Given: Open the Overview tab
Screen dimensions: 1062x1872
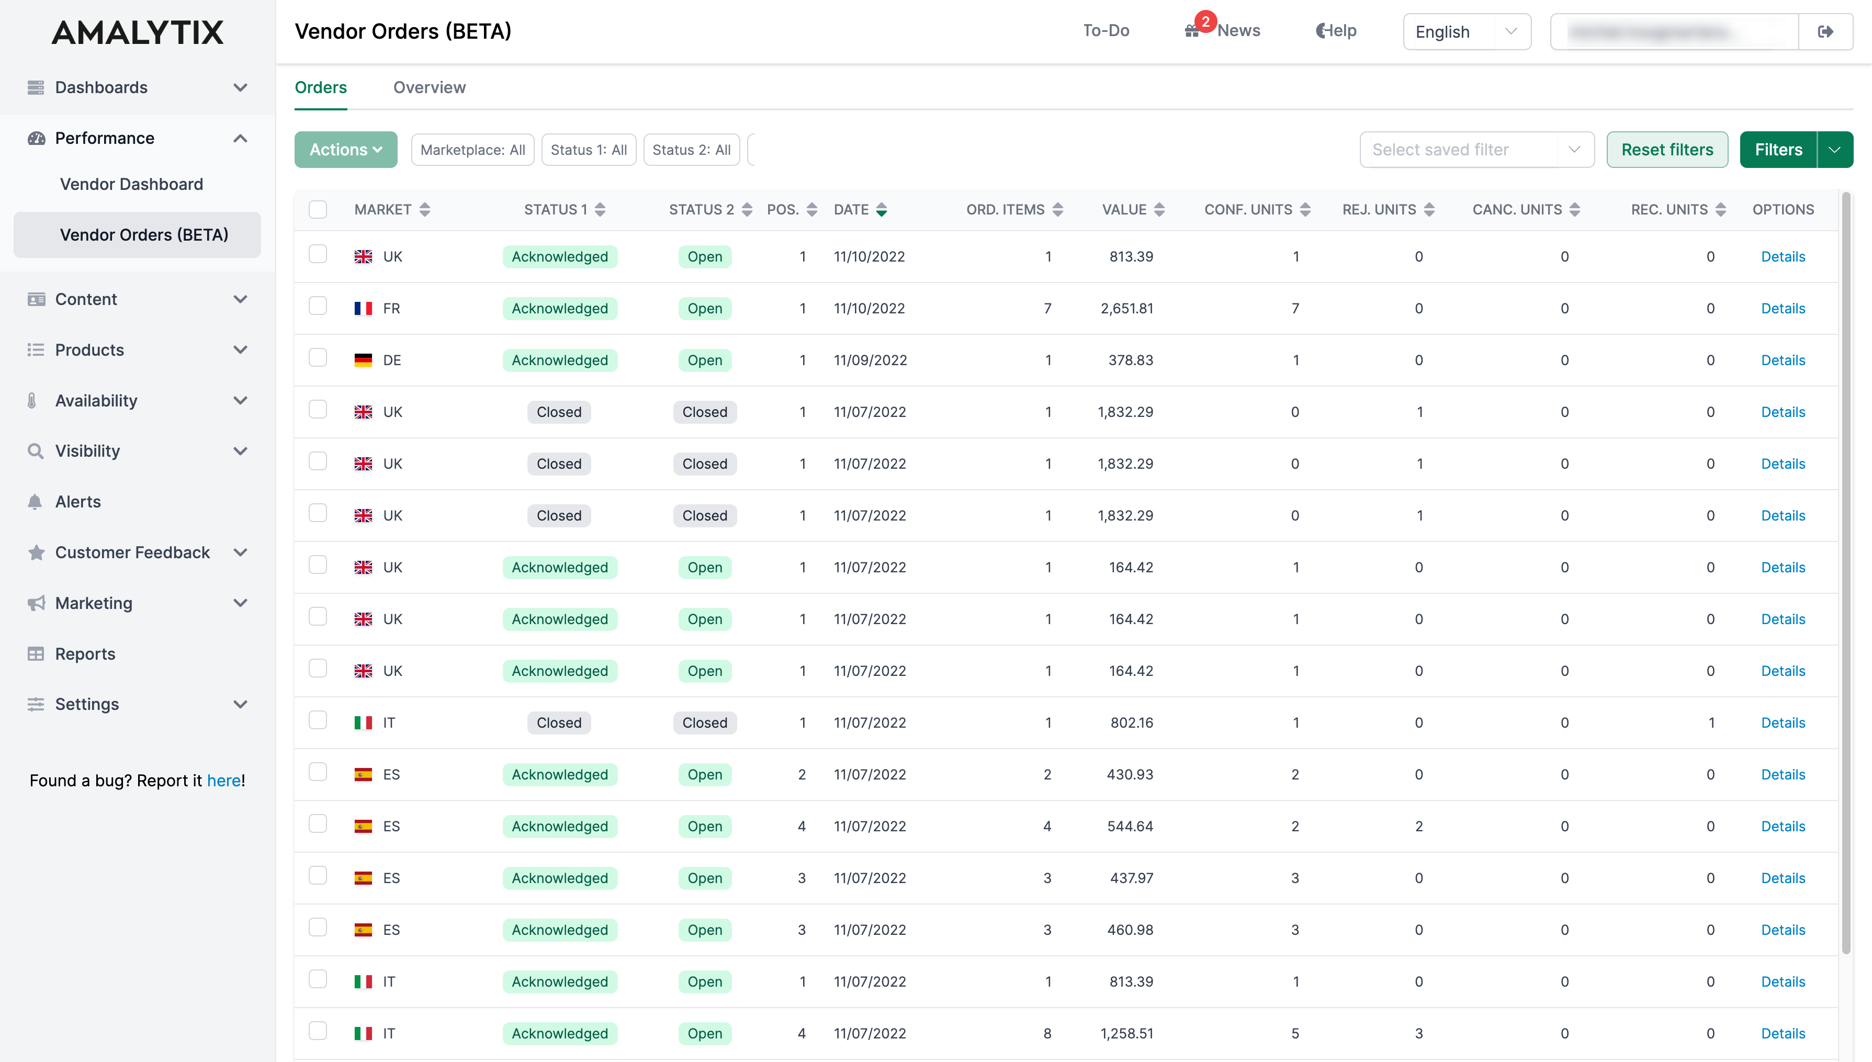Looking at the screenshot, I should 429,87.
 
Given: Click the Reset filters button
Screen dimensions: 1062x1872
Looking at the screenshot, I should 1666,150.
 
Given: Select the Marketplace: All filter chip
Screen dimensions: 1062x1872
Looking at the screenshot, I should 472,150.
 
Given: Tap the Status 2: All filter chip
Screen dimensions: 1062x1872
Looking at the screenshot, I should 691,150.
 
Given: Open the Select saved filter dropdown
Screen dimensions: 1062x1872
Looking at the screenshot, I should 1476,150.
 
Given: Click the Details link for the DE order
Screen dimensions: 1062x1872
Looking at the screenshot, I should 1783,360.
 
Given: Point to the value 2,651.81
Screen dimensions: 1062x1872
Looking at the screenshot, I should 1126,309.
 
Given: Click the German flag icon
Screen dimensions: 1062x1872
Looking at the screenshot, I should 363,360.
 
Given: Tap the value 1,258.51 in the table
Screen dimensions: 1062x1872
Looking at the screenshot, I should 1126,1034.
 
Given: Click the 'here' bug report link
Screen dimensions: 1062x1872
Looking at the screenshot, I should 223,781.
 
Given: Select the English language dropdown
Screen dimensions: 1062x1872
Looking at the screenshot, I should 1466,31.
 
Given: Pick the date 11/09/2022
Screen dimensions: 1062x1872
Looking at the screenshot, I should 870,360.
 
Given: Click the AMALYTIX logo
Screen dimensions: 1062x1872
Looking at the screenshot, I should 138,32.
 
